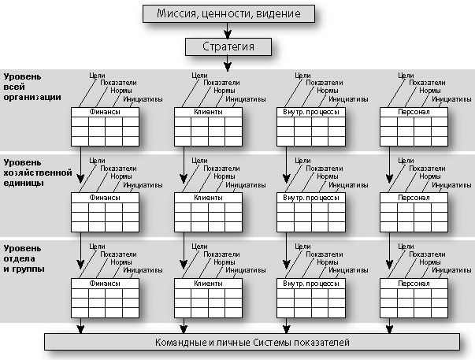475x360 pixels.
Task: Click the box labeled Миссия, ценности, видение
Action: coord(228,13)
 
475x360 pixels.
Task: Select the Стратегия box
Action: coord(228,46)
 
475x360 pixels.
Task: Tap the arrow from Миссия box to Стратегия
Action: coord(228,30)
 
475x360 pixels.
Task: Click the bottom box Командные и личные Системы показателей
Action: coord(252,342)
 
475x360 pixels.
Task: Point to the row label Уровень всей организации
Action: coord(32,87)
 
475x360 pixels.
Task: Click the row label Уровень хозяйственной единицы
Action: coord(38,173)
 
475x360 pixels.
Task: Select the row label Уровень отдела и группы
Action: coord(24,258)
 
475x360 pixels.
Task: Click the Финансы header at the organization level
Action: coord(105,112)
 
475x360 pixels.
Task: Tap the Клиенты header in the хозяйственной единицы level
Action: coord(208,198)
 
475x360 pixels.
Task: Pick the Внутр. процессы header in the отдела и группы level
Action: coord(311,284)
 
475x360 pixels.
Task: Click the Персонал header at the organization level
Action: coord(414,112)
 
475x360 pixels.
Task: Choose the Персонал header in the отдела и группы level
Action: coord(414,284)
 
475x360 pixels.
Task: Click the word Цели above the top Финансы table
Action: coord(97,76)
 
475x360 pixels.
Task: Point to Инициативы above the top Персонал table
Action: coord(451,99)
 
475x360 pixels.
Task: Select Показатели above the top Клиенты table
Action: coord(221,83)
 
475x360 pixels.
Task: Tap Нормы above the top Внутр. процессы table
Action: coord(327,91)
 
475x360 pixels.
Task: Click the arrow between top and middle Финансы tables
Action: coord(80,165)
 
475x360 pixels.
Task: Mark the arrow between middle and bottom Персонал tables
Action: coord(390,251)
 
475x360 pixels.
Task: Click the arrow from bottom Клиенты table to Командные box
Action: coord(184,326)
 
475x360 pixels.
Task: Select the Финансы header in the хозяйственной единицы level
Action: coord(105,198)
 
